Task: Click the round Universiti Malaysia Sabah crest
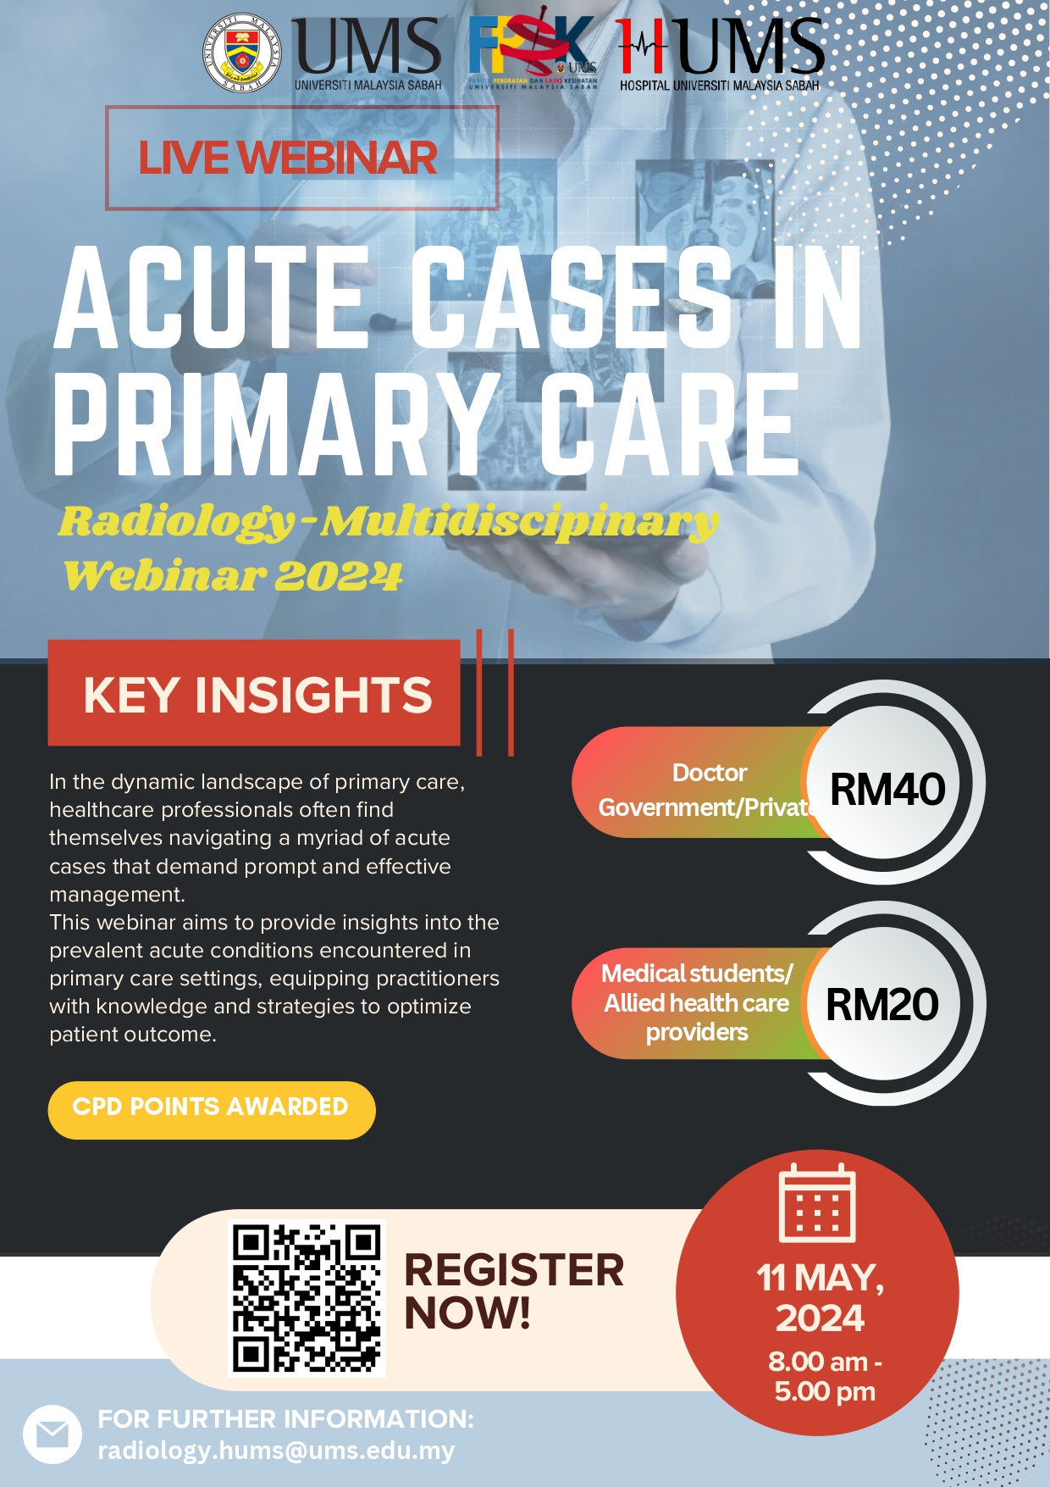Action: tap(243, 53)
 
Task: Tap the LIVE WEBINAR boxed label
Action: tap(301, 158)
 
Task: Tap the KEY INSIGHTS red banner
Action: tap(254, 693)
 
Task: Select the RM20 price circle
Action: tap(883, 1003)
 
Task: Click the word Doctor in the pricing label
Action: tap(710, 773)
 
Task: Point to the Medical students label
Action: tap(696, 974)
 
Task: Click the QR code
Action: tap(307, 1298)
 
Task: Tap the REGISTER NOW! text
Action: tap(514, 1291)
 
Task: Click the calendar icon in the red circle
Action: tap(817, 1202)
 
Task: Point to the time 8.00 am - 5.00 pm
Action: tap(825, 1376)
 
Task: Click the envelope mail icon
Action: tap(52, 1434)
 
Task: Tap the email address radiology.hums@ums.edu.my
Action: tap(276, 1451)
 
